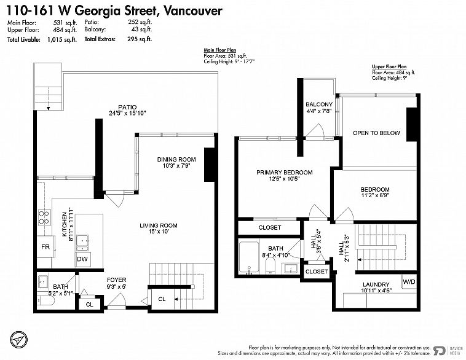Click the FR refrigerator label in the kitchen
tap(45, 247)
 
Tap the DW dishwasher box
tap(82, 259)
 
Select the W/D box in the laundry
tap(409, 281)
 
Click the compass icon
tap(18, 340)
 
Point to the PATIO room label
tap(127, 107)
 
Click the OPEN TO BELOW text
tap(376, 133)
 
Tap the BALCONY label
tap(319, 104)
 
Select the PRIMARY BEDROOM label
tap(285, 172)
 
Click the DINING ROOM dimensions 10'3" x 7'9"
tap(176, 166)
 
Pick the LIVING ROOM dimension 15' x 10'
tap(159, 232)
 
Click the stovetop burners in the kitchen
tap(44, 217)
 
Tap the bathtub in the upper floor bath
tap(249, 257)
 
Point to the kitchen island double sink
tap(82, 243)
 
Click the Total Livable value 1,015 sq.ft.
tap(62, 39)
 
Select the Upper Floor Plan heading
tap(389, 67)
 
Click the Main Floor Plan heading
tap(220, 50)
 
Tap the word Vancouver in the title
tap(193, 11)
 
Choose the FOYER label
tap(117, 280)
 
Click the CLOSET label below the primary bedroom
tap(269, 227)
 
